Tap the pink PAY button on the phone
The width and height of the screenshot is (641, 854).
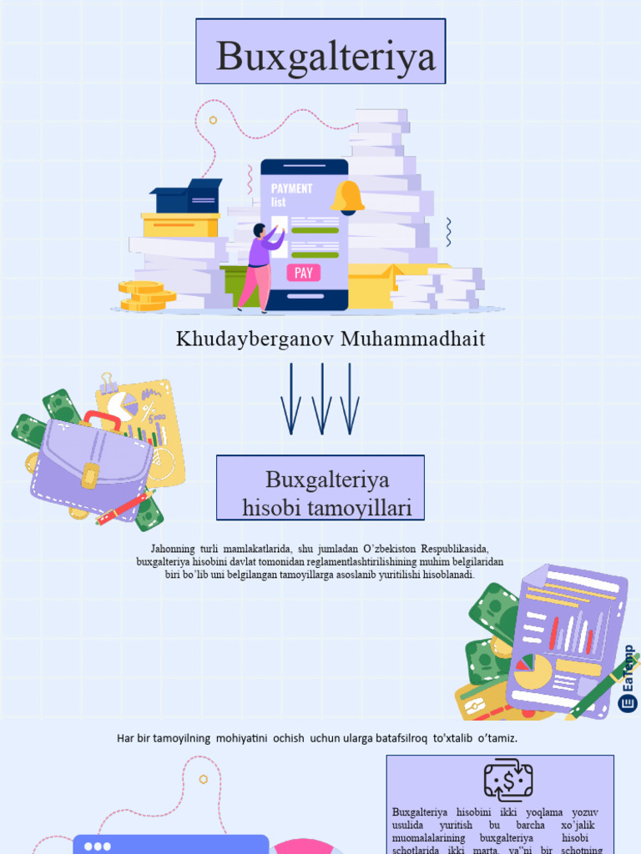point(303,273)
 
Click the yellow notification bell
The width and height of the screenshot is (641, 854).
point(347,198)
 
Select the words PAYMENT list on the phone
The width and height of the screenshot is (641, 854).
point(291,194)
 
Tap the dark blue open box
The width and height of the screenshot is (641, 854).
point(188,197)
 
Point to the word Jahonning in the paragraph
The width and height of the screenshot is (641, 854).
point(174,549)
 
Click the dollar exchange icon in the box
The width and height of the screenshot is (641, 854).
point(507,781)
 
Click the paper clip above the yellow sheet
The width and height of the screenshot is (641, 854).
point(109,384)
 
